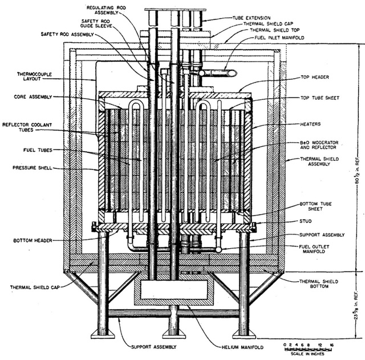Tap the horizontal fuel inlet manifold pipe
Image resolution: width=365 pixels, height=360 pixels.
coord(219,73)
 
